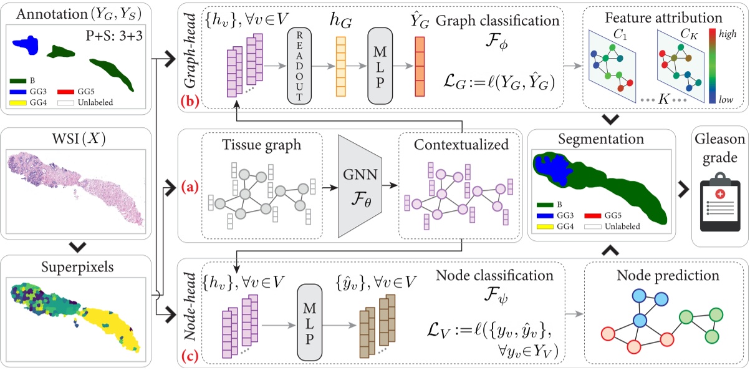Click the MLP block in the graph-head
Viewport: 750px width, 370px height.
click(382, 66)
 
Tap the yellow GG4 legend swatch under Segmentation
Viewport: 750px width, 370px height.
click(543, 226)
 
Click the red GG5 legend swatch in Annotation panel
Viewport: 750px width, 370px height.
click(73, 92)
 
